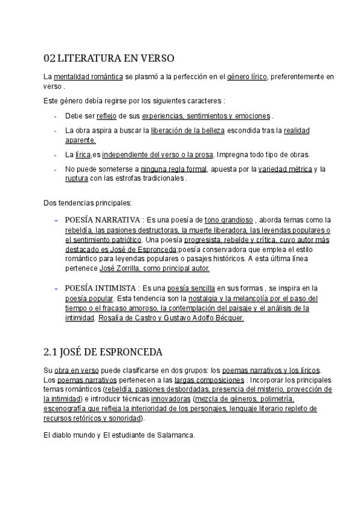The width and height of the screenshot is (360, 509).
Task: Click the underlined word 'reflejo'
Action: pos(107,115)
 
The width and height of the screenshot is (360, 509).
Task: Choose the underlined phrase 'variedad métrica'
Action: pos(285,169)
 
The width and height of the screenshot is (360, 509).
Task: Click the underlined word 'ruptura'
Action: pos(76,178)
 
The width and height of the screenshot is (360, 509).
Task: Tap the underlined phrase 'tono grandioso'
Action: pos(229,220)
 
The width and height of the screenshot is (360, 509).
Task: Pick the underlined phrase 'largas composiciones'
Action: pos(209,380)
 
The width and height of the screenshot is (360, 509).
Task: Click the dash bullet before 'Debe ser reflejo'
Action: pos(55,115)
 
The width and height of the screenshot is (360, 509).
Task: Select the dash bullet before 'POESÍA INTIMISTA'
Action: pos(55,288)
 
